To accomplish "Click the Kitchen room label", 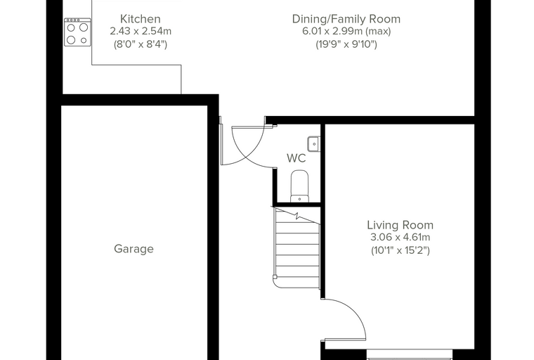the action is pyautogui.click(x=141, y=19).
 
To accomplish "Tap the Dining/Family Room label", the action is pyautogui.click(x=346, y=19).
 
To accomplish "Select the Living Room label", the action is pyautogui.click(x=400, y=225).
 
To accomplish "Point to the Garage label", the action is pyautogui.click(x=133, y=249).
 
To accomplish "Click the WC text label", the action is pyautogui.click(x=297, y=158).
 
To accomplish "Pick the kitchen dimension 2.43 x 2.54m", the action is pyautogui.click(x=141, y=32).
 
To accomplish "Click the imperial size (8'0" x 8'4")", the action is pyautogui.click(x=141, y=44).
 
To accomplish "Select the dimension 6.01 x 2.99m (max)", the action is pyautogui.click(x=346, y=32).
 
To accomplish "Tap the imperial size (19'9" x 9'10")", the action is pyautogui.click(x=346, y=44).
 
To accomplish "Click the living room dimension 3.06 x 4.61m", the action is pyautogui.click(x=400, y=237).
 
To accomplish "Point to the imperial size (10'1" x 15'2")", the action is pyautogui.click(x=400, y=250).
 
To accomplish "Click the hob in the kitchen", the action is pyautogui.click(x=78, y=32).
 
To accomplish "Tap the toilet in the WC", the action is pyautogui.click(x=300, y=186).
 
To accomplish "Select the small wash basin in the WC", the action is pyautogui.click(x=313, y=144).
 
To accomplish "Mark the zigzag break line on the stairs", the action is pyautogui.click(x=296, y=215).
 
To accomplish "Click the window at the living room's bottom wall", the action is pyautogui.click(x=410, y=354).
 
